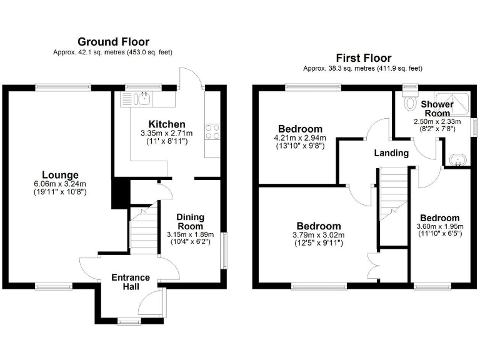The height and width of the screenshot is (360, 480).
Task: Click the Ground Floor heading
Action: [113, 42]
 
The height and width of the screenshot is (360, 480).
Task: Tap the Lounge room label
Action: [60, 174]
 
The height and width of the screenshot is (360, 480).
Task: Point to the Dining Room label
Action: [191, 221]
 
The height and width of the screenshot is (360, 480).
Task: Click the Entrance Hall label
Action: [130, 282]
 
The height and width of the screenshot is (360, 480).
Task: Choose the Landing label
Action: [391, 153]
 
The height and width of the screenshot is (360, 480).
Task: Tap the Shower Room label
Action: [437, 108]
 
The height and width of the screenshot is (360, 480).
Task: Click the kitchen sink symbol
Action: [139, 97]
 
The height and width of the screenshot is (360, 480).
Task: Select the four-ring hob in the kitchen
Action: [212, 131]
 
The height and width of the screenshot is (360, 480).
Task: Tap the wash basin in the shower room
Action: [459, 161]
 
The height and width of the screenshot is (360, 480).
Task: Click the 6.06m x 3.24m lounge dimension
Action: [60, 184]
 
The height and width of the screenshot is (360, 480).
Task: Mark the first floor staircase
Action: [392, 194]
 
